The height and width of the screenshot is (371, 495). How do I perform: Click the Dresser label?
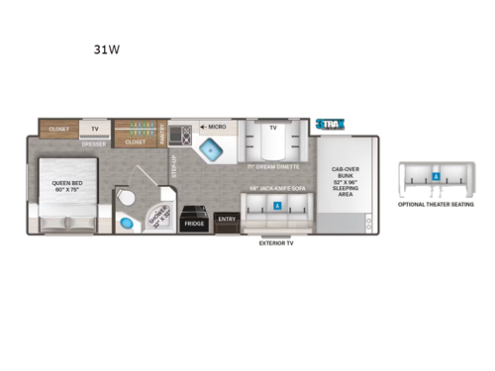click(95, 144)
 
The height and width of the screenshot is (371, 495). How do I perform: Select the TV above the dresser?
click(95, 129)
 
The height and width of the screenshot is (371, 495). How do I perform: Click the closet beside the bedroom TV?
click(58, 128)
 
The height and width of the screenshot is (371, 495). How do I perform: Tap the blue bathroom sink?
click(125, 224)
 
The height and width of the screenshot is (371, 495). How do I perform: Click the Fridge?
click(194, 224)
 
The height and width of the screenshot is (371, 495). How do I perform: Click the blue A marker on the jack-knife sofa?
click(277, 206)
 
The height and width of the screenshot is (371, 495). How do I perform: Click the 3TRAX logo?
click(330, 126)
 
